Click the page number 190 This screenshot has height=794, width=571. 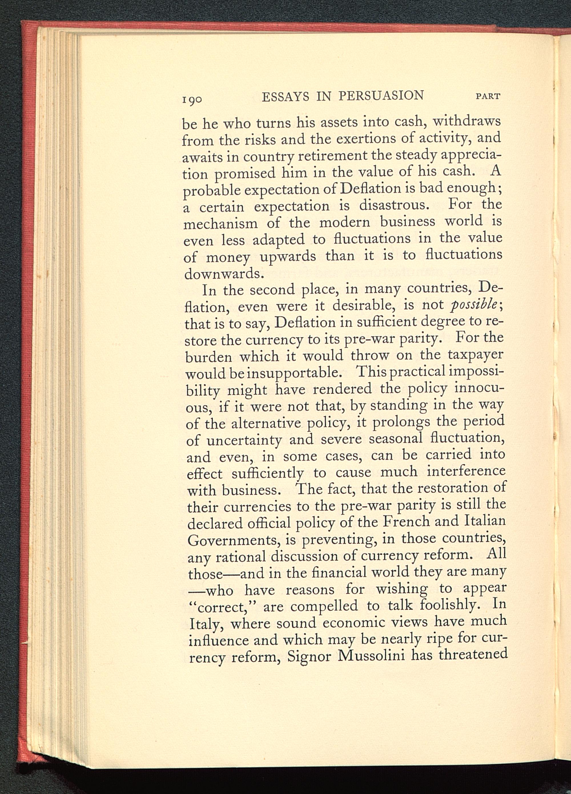pyautogui.click(x=192, y=99)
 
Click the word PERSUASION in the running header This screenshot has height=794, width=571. pyautogui.click(x=381, y=96)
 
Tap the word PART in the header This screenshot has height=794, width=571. pyautogui.click(x=488, y=96)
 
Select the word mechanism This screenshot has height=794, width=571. pyautogui.click(x=221, y=223)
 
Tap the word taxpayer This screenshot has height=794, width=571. pyautogui.click(x=475, y=356)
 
